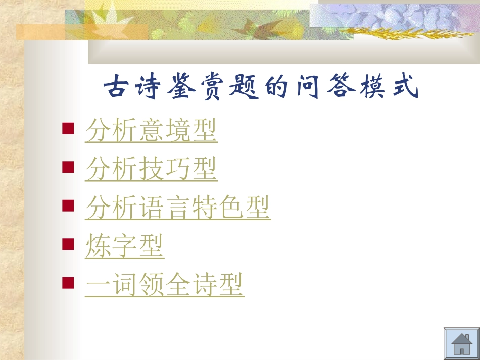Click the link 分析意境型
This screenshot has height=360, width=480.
click(151, 131)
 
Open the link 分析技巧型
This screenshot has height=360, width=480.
click(151, 169)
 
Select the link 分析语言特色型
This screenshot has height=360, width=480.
click(178, 208)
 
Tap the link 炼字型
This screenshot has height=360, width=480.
click(125, 246)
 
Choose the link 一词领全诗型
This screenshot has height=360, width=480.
click(164, 284)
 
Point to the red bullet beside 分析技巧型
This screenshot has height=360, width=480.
click(67, 166)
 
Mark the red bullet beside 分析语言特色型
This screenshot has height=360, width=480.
click(67, 204)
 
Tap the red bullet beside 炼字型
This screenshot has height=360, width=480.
click(67, 243)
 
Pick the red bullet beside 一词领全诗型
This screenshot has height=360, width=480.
click(67, 282)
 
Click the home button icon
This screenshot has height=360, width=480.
click(461, 344)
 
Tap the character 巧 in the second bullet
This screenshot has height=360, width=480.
click(178, 169)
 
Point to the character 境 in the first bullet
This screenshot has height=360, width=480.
click(178, 131)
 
